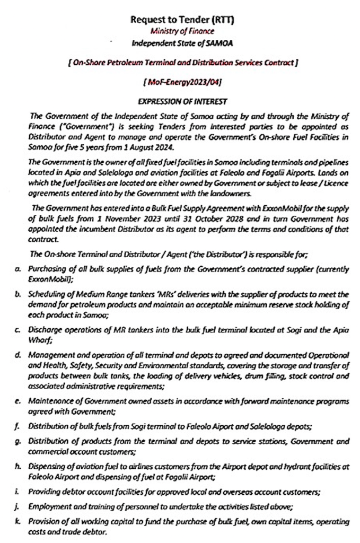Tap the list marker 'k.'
[x=18, y=521]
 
